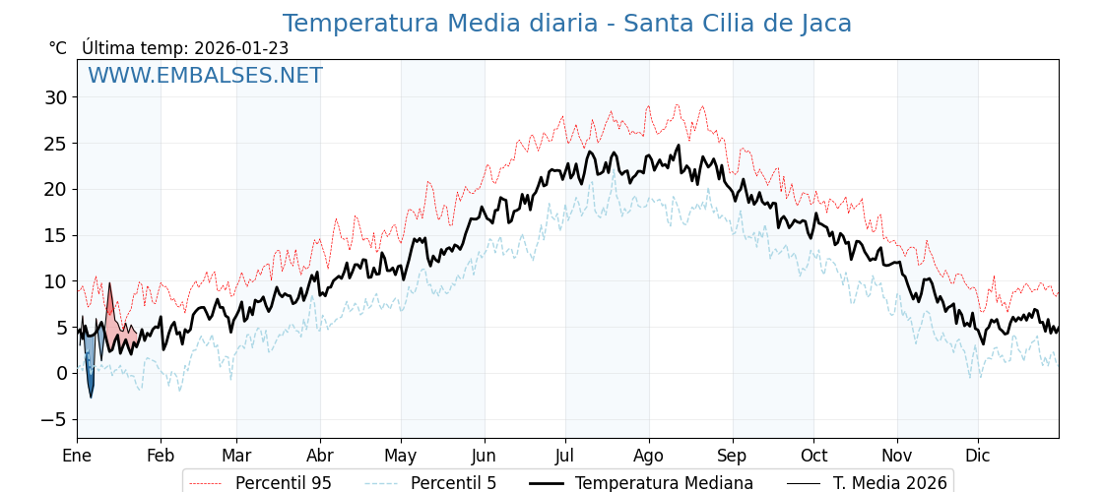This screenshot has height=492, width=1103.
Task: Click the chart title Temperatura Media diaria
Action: [566, 24]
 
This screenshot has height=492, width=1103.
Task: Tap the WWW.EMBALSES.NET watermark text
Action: [205, 76]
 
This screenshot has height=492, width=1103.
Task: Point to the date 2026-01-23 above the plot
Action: [241, 48]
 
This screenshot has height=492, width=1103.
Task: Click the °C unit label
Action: [57, 48]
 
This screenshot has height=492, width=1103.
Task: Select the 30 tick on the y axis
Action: [55, 97]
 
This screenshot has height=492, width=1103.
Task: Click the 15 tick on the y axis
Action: [55, 235]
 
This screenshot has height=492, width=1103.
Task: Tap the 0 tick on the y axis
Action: [61, 373]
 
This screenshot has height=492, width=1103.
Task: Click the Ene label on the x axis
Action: [77, 456]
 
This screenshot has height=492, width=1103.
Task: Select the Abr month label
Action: [320, 456]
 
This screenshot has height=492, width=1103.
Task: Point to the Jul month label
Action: [565, 456]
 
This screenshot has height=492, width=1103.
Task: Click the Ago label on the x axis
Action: [648, 456]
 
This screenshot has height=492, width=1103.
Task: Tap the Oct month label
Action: [813, 456]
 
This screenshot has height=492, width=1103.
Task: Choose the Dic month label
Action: [978, 456]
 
